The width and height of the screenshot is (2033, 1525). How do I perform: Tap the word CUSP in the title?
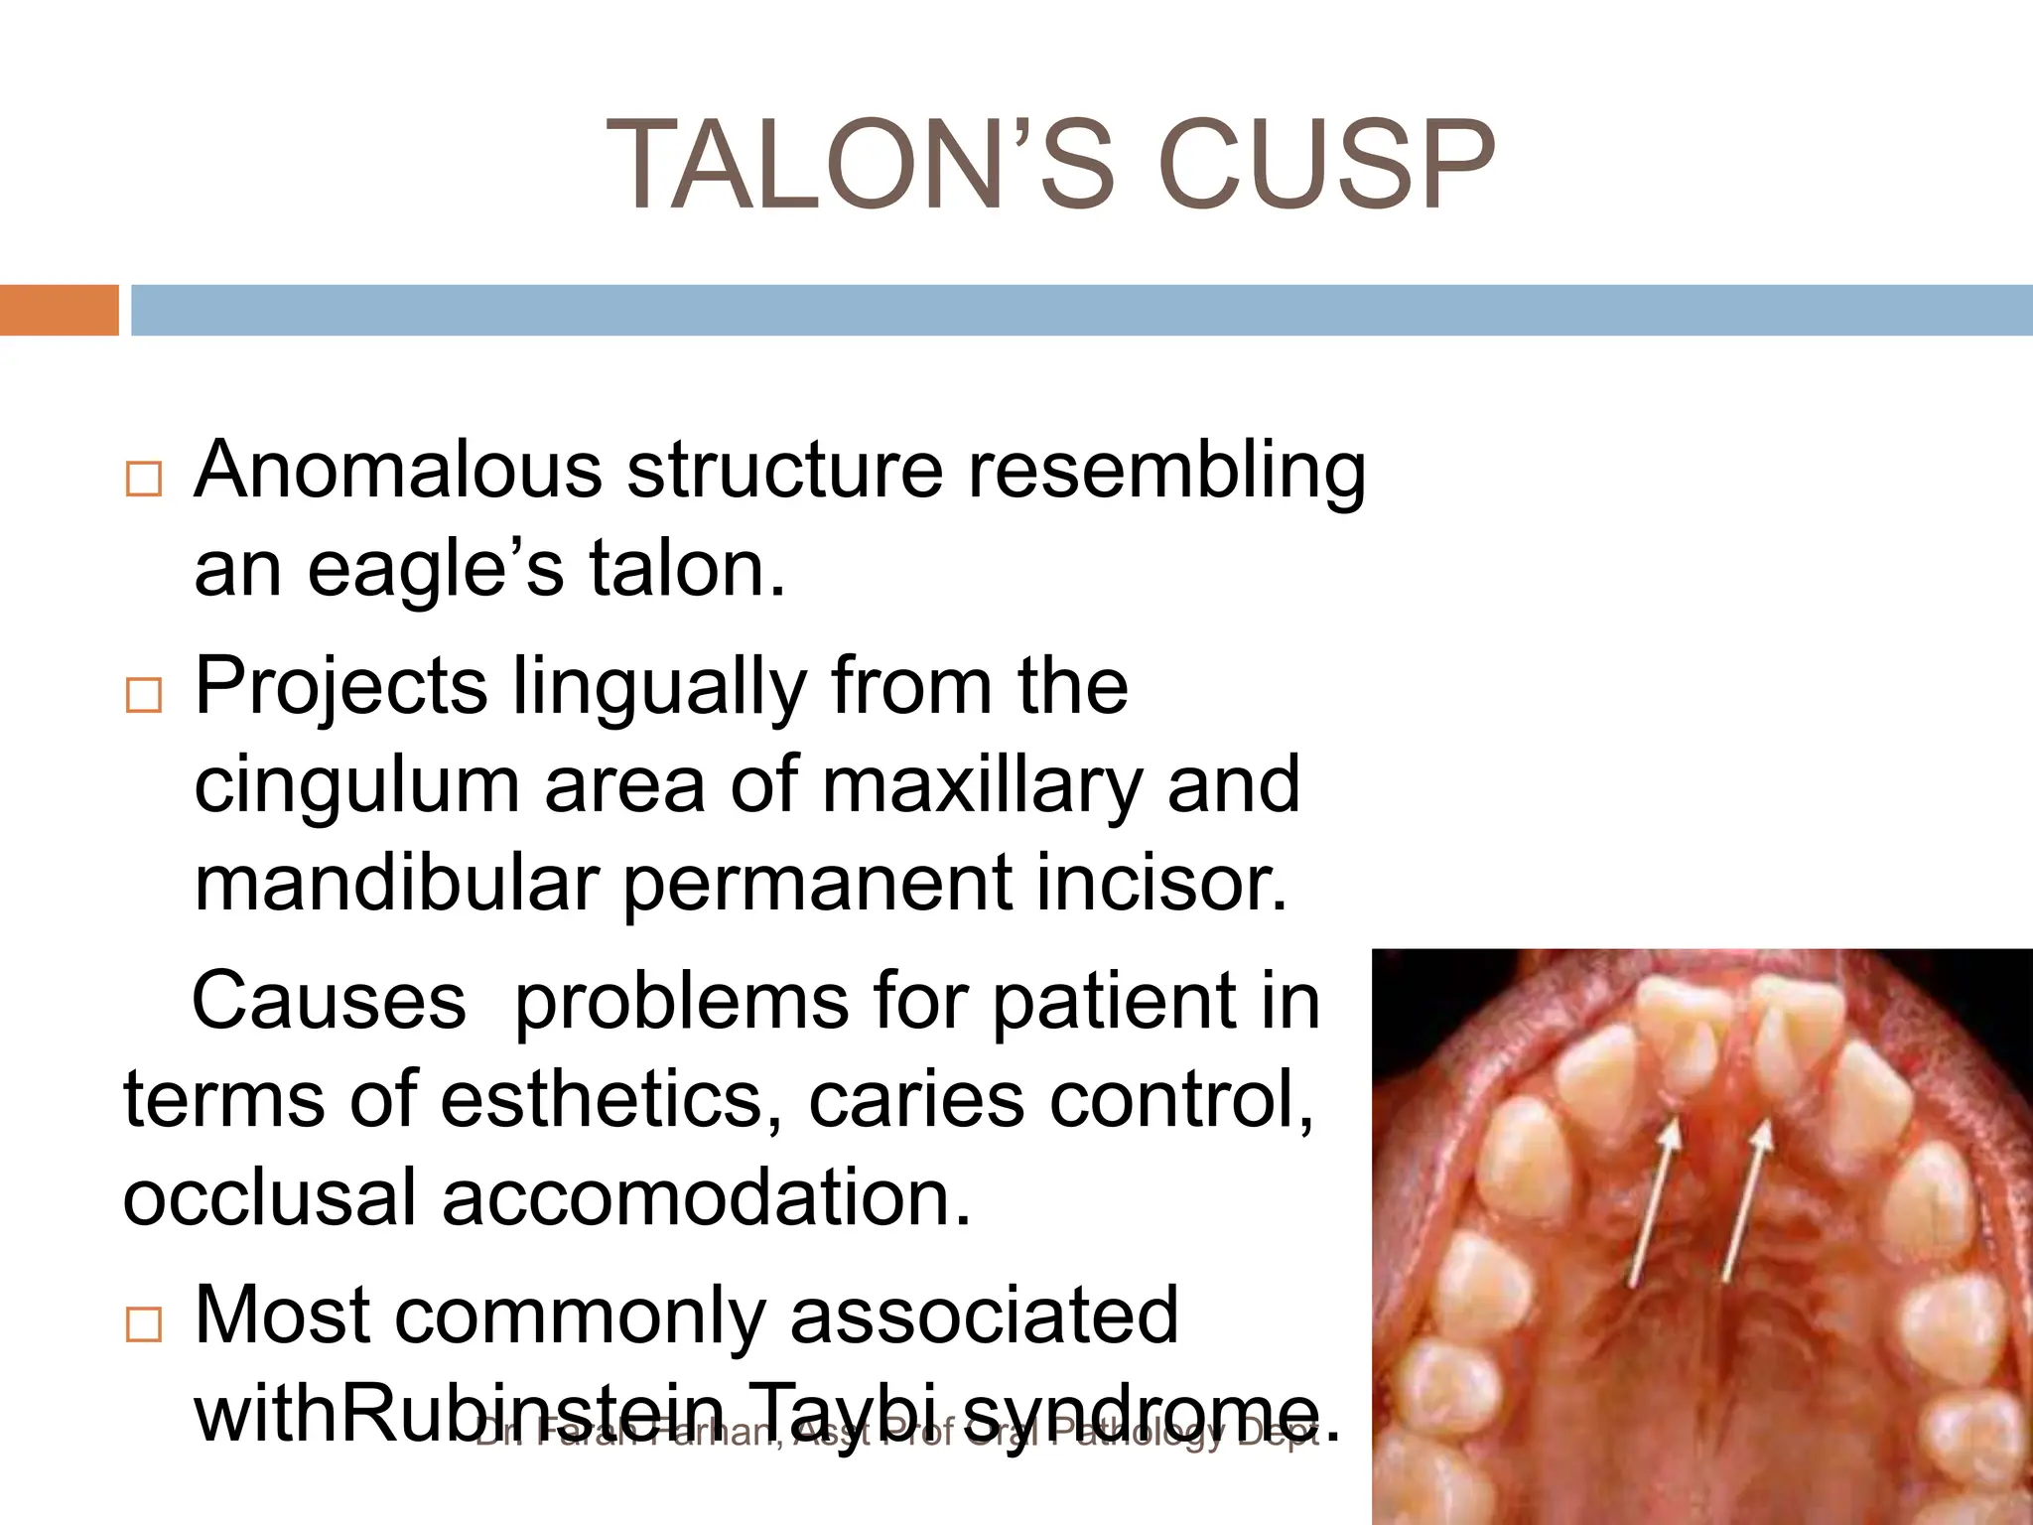[x=1326, y=165]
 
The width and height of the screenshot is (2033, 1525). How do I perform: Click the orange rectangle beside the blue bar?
[x=59, y=310]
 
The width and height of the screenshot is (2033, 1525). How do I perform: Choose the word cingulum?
[x=356, y=785]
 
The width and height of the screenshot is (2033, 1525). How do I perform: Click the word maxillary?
[x=982, y=785]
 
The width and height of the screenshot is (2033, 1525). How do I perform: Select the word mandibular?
[x=397, y=883]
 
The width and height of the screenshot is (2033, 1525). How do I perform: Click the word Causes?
[x=329, y=1001]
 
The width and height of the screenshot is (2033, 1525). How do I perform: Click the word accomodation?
[x=705, y=1197]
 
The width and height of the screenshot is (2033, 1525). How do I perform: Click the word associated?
[x=984, y=1316]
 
